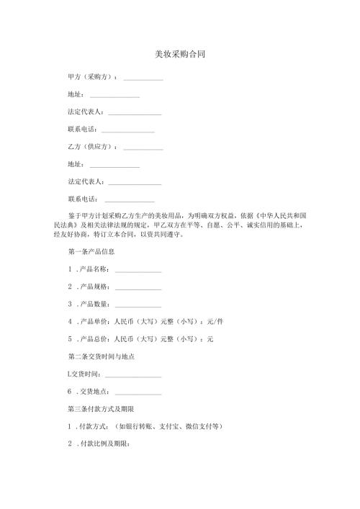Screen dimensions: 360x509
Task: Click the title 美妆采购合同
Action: point(181,55)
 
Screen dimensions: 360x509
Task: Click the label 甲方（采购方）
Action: point(91,76)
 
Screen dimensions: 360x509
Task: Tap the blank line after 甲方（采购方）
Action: point(143,78)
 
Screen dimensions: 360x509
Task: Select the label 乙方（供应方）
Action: point(91,147)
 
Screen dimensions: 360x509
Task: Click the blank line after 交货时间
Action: point(132,375)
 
